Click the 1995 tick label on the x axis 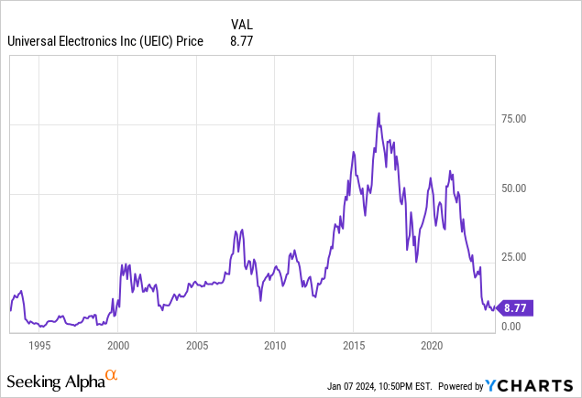click(x=39, y=346)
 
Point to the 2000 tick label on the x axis click(x=118, y=346)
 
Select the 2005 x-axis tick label click(x=196, y=346)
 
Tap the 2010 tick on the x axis click(x=275, y=346)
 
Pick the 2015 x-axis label click(x=354, y=346)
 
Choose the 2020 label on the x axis click(x=433, y=346)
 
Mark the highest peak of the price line click(x=379, y=113)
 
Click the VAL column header click(x=239, y=24)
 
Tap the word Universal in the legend click(x=33, y=40)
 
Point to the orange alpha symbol click(x=112, y=375)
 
